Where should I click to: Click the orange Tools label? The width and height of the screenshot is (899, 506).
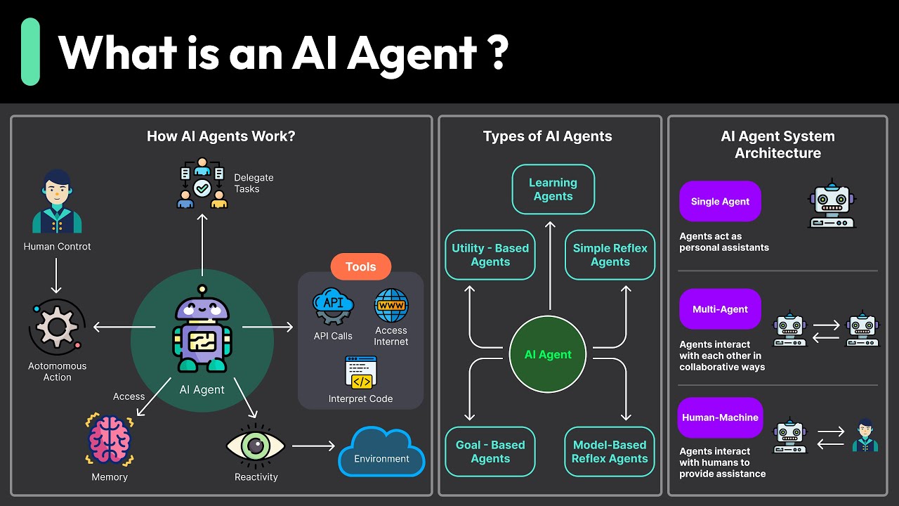point(360,267)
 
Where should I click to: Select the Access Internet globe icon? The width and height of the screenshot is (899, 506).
point(391,306)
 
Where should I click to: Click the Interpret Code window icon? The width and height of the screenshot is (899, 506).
point(361,372)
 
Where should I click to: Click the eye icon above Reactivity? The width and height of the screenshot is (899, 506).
point(256,446)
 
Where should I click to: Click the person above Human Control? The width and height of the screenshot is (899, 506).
point(57,202)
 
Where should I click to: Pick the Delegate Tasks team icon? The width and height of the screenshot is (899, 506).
point(202,183)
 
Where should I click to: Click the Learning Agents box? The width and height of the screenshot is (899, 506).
point(553,189)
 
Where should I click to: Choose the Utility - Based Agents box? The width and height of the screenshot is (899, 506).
point(490,254)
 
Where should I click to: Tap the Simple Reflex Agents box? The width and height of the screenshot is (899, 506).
point(610,254)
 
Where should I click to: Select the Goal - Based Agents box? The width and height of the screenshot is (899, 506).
point(490,451)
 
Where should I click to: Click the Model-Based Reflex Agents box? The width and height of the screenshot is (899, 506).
point(610,451)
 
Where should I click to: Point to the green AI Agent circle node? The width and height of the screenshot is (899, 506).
point(548,354)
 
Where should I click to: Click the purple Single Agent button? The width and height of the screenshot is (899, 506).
point(720,202)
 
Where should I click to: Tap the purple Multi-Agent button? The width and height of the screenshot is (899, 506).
point(720,309)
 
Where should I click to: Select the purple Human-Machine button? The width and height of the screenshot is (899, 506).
point(720,417)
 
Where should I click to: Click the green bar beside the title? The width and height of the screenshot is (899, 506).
point(30,52)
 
